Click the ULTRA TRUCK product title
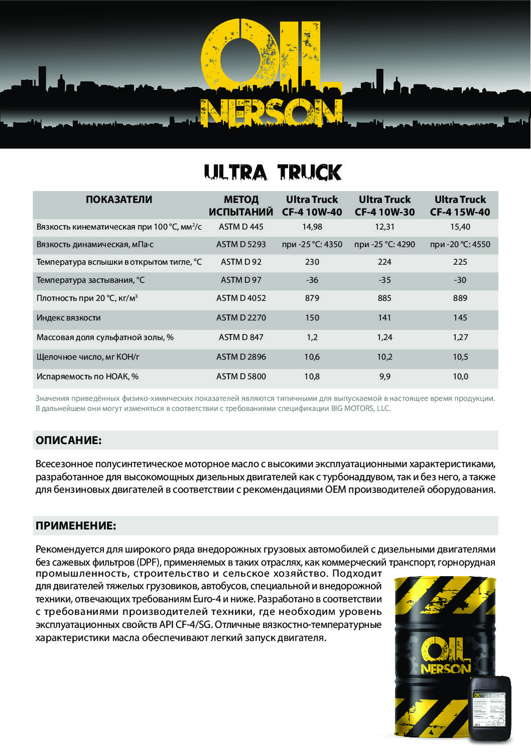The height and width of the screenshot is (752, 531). [x=273, y=172]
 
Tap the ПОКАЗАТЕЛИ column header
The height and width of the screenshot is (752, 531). [x=119, y=199]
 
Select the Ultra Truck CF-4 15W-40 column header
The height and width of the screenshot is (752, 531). [x=460, y=205]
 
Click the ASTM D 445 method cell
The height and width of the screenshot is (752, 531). [x=241, y=227]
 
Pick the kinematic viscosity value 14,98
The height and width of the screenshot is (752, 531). [x=312, y=227]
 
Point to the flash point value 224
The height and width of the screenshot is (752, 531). [x=384, y=262]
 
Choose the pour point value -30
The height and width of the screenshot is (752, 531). [x=460, y=280]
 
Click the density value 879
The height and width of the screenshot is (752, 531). [x=312, y=298]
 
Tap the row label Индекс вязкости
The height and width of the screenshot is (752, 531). [x=69, y=317]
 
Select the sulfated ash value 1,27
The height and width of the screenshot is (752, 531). [x=460, y=337]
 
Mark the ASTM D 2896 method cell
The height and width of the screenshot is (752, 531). [x=241, y=357]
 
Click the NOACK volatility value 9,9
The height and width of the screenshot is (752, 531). [x=384, y=376]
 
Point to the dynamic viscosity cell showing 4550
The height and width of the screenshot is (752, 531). [x=460, y=244]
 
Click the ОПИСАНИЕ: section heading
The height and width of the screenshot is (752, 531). [x=69, y=441]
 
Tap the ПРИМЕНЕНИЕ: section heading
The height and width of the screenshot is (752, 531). [x=76, y=526]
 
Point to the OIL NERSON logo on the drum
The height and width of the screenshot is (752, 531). [x=445, y=656]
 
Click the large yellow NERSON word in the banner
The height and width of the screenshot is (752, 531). [x=272, y=113]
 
